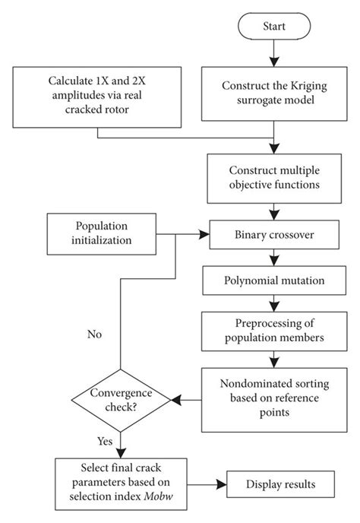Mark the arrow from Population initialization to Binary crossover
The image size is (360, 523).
click(x=182, y=234)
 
